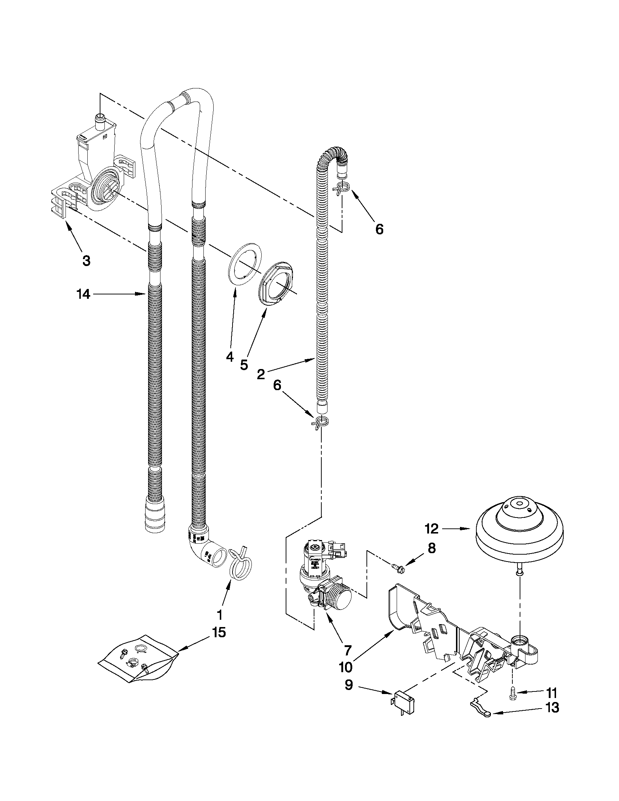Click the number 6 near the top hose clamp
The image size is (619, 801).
379,229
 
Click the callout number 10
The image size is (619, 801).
345,667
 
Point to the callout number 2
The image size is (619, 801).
261,374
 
